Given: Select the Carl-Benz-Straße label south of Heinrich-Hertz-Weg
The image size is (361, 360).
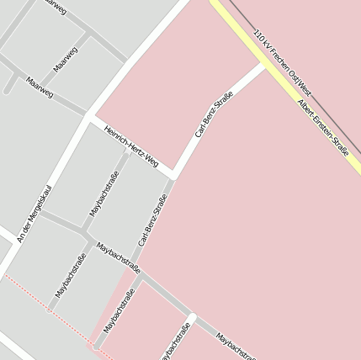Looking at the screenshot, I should (153, 220).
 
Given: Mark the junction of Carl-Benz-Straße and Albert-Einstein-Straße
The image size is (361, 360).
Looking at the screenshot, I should (266, 65).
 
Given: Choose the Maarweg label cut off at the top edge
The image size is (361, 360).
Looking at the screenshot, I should (54, 5).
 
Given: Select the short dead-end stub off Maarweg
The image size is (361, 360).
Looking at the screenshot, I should (10, 82).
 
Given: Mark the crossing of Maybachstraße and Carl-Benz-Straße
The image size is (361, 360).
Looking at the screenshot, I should (140, 271).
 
